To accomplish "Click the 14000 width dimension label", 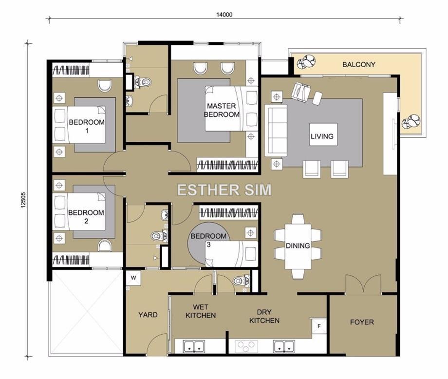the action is [x=224, y=14].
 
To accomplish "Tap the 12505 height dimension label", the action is [x=23, y=200].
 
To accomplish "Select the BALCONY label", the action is [x=358, y=64].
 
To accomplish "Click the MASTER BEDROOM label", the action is [x=222, y=110].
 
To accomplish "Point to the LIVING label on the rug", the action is [x=322, y=136].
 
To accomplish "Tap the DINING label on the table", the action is [x=298, y=246].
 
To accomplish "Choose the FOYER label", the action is [x=362, y=322].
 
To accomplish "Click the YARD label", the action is [x=148, y=315].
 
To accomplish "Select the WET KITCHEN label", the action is [x=201, y=311].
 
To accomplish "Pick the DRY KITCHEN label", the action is [x=264, y=316].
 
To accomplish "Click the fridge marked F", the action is [x=319, y=325].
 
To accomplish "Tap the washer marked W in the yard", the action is [x=133, y=277].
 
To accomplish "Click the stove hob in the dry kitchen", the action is [x=246, y=346].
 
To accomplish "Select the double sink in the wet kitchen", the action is [x=194, y=346].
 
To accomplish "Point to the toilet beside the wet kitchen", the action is [x=242, y=281].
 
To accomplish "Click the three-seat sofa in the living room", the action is [x=276, y=131].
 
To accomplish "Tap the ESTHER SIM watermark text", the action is [x=224, y=190].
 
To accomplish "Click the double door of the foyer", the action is [x=363, y=284].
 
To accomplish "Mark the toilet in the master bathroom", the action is [x=142, y=82].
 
